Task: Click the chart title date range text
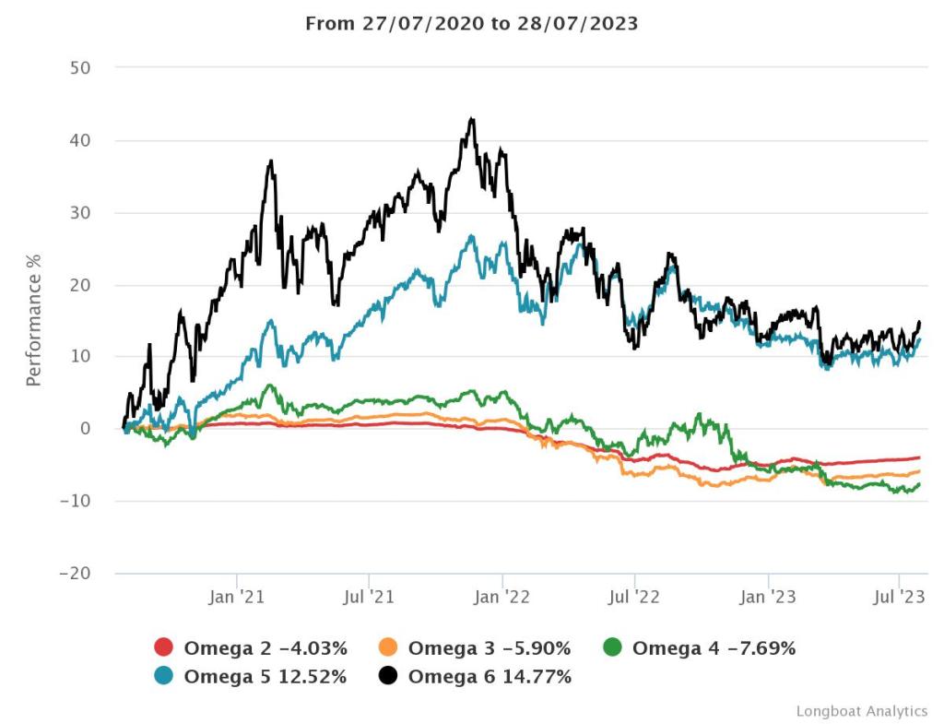[x=471, y=24]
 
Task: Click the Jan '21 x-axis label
[x=237, y=598]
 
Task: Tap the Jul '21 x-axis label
[x=369, y=598]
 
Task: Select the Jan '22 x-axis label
[x=501, y=598]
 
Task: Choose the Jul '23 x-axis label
[x=899, y=598]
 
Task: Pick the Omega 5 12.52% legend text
[x=265, y=676]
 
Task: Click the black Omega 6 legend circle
[x=388, y=676]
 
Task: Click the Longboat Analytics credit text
[x=862, y=710]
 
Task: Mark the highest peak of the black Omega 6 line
[x=472, y=119]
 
